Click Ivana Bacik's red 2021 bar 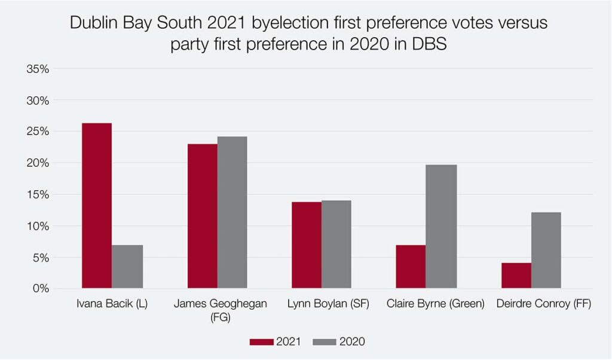click(x=97, y=206)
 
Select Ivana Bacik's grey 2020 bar click(x=127, y=267)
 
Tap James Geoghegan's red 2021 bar click(x=202, y=216)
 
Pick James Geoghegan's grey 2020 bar click(x=232, y=212)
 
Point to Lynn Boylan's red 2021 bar click(x=307, y=245)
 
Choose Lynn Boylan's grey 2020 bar click(x=336, y=245)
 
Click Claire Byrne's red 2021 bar click(x=411, y=267)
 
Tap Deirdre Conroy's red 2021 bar click(x=516, y=276)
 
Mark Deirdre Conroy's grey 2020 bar click(x=546, y=251)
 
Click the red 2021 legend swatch click(x=261, y=342)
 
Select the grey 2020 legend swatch click(x=325, y=342)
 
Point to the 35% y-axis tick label click(x=38, y=69)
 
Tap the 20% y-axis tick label click(x=38, y=163)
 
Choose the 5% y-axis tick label click(x=41, y=258)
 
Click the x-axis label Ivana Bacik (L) click(x=112, y=304)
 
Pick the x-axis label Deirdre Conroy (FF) click(x=544, y=304)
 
